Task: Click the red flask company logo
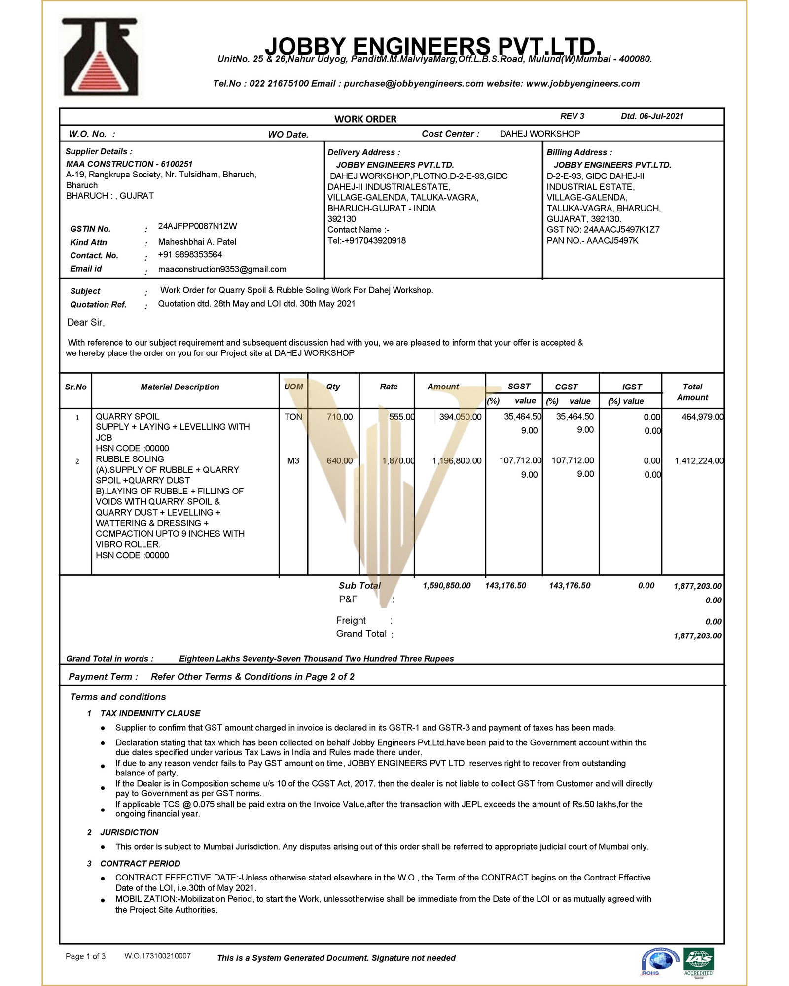(x=102, y=58)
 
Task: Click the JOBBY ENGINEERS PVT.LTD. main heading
(x=433, y=46)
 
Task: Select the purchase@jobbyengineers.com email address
(x=413, y=84)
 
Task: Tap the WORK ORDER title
(x=365, y=119)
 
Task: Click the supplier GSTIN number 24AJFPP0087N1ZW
(x=197, y=226)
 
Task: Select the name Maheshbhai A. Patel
(x=197, y=242)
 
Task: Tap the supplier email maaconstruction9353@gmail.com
(x=222, y=269)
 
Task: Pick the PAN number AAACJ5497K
(x=612, y=241)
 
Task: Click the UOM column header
(x=293, y=387)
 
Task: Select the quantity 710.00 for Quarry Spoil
(x=339, y=417)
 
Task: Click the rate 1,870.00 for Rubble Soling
(x=398, y=461)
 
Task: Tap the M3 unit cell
(x=293, y=461)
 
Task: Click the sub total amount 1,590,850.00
(x=446, y=586)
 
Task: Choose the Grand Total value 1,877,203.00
(x=697, y=636)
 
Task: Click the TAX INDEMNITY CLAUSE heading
(x=150, y=713)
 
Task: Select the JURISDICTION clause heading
(x=129, y=832)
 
